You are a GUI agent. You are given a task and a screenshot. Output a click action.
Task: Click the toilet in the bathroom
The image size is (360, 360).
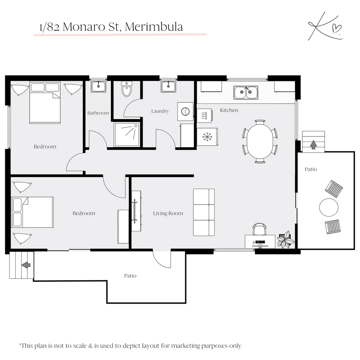point(127,89)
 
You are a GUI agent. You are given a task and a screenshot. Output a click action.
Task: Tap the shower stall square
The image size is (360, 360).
point(127,134)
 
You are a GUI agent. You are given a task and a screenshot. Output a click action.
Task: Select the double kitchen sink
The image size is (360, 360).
point(246,92)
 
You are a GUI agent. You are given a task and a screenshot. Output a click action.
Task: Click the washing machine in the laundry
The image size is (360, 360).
point(185,111)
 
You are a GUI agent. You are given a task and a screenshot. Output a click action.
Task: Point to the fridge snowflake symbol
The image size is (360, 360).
point(207,136)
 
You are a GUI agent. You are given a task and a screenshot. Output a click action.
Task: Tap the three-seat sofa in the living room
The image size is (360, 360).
point(204,212)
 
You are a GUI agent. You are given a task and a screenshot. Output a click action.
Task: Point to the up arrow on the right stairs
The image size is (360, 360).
point(313,144)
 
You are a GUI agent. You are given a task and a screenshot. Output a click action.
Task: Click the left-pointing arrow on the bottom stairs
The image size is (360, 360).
point(26,265)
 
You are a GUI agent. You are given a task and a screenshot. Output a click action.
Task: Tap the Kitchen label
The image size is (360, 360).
point(229,110)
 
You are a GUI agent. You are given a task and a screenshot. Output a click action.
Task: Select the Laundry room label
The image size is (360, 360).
point(160,111)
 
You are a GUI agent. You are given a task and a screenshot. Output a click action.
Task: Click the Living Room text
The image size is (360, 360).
point(168,213)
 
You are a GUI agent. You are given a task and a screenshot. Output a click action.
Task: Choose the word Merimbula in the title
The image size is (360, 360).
point(154,27)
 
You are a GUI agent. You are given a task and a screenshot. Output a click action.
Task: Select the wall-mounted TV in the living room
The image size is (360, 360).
point(135,211)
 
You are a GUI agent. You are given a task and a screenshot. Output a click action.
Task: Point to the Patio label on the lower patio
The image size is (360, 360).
point(130,276)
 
